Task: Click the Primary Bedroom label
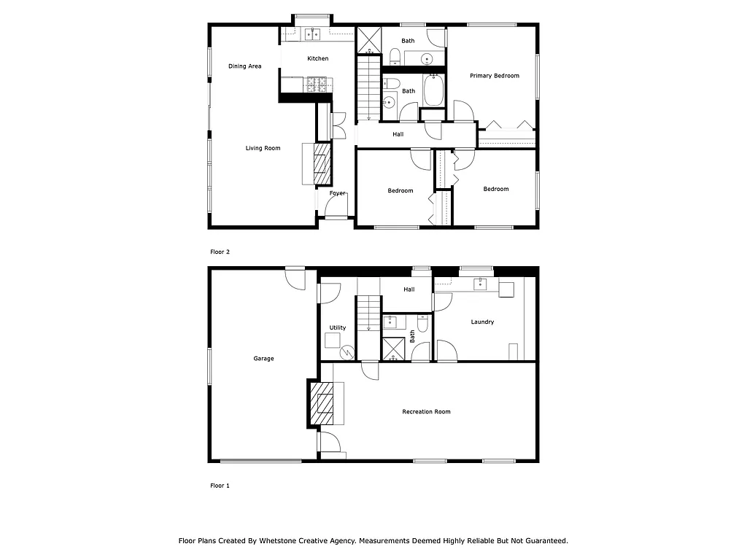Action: tap(495, 76)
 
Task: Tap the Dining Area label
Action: tap(244, 66)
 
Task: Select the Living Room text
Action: tap(263, 149)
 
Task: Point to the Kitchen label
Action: tap(317, 58)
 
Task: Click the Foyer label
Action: tap(337, 193)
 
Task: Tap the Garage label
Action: tap(263, 359)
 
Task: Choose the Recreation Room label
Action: tap(426, 412)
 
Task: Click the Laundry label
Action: tap(482, 322)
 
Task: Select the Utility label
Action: tap(337, 328)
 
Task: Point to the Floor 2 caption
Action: tap(220, 252)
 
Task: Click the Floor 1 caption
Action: tap(220, 486)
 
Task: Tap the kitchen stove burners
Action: tap(317, 85)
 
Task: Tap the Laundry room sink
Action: tap(481, 284)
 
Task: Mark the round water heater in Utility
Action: tap(348, 352)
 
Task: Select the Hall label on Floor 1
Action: tap(409, 289)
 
